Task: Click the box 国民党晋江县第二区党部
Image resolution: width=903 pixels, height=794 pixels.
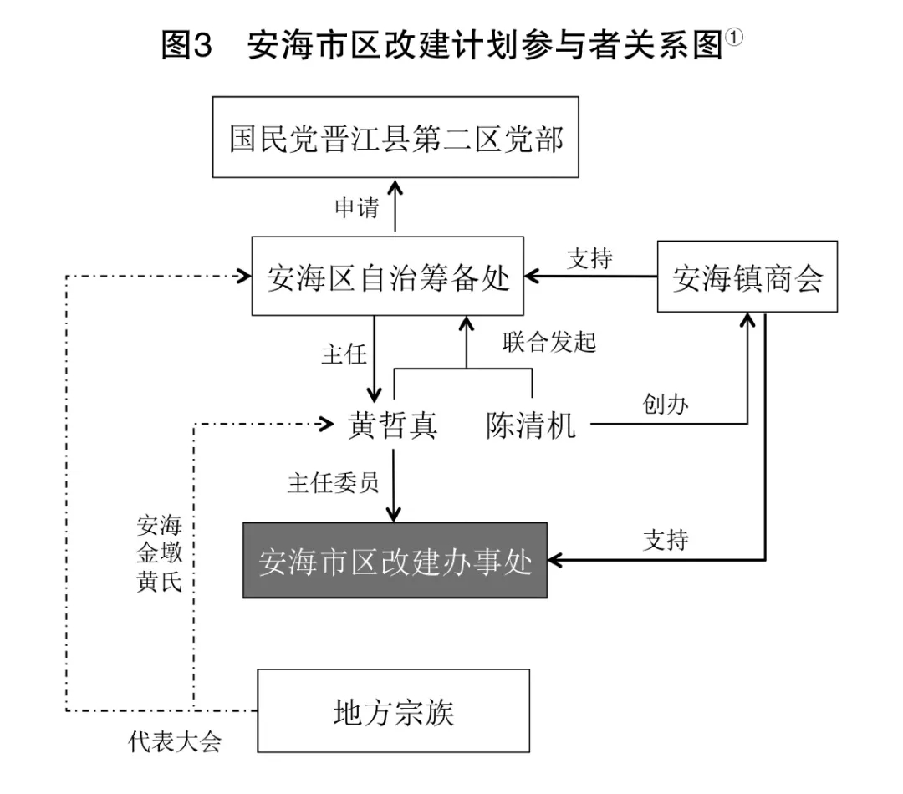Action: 395,139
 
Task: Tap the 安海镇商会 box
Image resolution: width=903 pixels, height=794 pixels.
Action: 747,277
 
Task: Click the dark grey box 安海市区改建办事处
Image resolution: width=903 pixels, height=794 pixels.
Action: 395,561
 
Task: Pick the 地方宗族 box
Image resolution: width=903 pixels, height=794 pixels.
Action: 393,711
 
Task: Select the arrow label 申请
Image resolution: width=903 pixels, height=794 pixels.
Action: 357,208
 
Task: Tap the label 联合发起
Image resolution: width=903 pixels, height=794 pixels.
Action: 548,342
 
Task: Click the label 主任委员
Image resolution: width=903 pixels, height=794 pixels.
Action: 333,482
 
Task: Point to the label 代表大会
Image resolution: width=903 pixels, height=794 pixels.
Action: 176,742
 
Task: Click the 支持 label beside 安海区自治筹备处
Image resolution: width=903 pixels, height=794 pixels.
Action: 589,258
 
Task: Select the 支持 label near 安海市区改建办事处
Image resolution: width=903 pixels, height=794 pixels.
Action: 666,540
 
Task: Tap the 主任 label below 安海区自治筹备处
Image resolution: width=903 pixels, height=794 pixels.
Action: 344,354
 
